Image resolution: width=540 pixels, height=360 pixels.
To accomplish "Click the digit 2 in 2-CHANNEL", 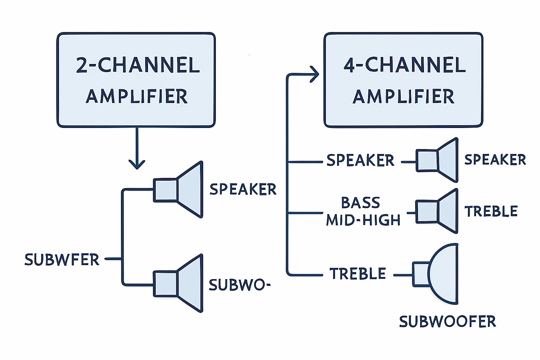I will pyautogui.click(x=82, y=65).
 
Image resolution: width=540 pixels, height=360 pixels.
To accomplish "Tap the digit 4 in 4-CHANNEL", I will pyautogui.click(x=349, y=65).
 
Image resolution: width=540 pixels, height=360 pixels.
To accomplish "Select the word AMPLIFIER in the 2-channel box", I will pyautogui.click(x=136, y=96).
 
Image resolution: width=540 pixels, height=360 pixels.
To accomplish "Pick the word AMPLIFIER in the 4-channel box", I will pyautogui.click(x=403, y=96).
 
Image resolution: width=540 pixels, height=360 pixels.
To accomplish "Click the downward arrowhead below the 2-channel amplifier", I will pyautogui.click(x=137, y=164).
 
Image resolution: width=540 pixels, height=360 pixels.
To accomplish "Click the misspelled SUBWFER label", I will pyautogui.click(x=62, y=260).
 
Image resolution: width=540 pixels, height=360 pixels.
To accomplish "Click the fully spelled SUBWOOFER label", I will pyautogui.click(x=448, y=321).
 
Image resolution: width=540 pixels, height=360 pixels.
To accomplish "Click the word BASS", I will pyautogui.click(x=361, y=203).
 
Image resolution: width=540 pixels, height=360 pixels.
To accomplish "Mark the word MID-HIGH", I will pyautogui.click(x=363, y=220).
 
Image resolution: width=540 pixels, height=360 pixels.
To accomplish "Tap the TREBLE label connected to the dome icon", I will pyautogui.click(x=358, y=274).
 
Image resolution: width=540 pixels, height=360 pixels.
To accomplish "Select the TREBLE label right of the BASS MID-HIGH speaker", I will pyautogui.click(x=491, y=211).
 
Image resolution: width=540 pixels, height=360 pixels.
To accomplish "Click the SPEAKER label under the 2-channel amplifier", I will pyautogui.click(x=243, y=189).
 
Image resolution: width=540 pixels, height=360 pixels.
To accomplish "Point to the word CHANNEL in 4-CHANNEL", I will pyautogui.click(x=416, y=65).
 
